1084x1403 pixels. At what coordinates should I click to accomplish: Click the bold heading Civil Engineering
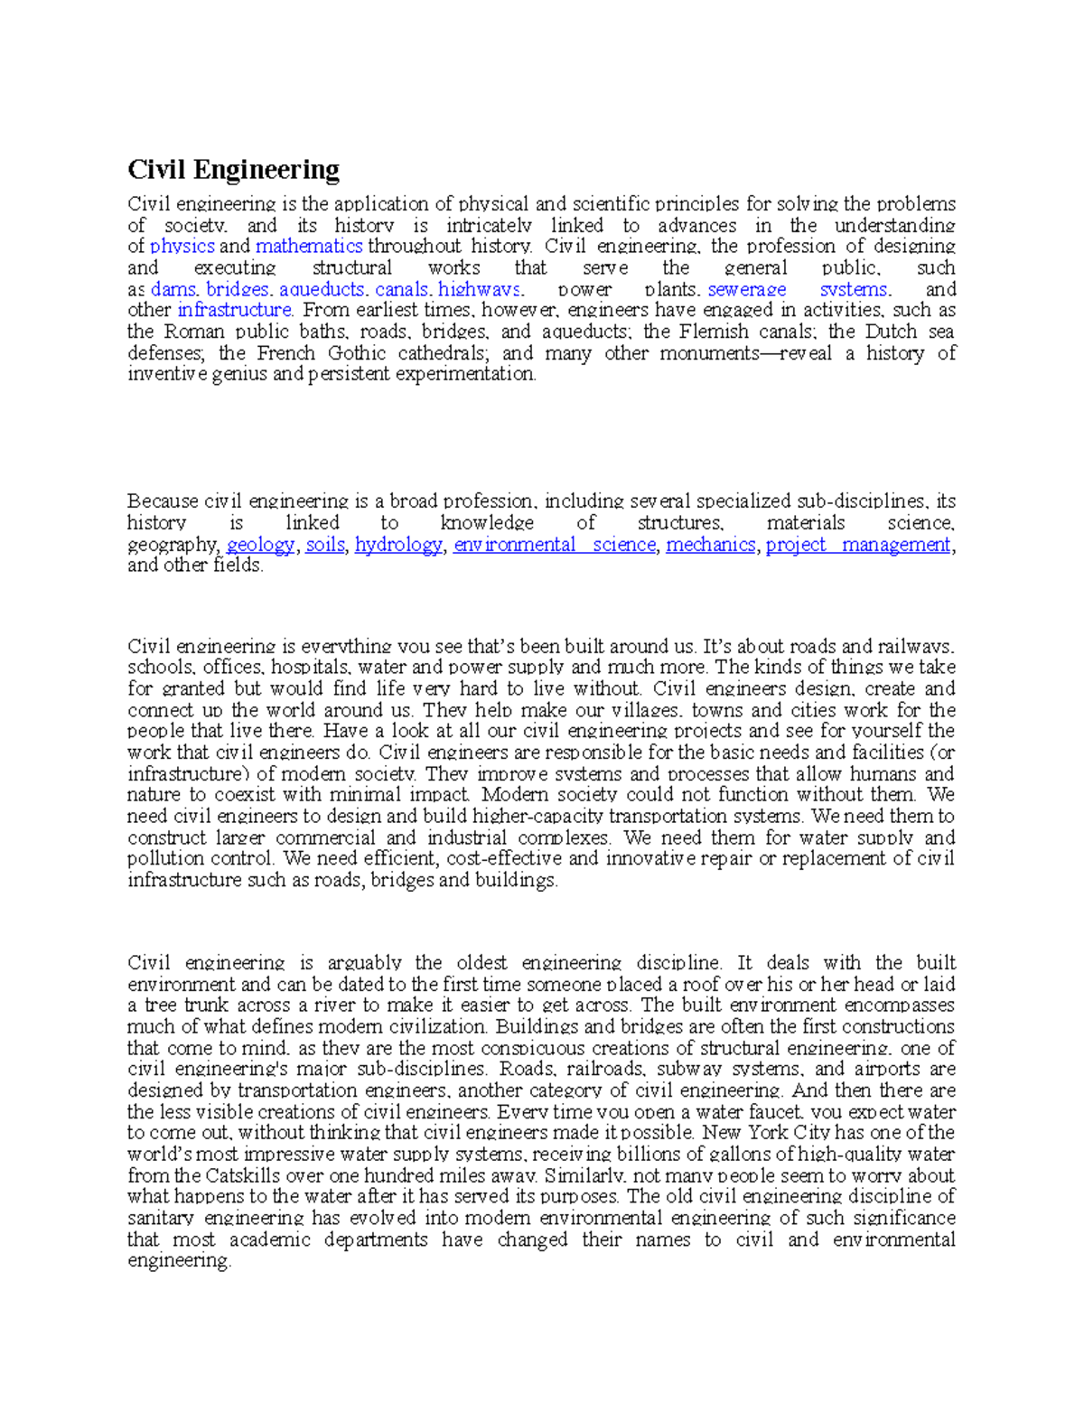(x=233, y=170)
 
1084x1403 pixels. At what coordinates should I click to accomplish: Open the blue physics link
(x=182, y=247)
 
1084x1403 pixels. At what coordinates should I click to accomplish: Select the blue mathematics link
(x=309, y=247)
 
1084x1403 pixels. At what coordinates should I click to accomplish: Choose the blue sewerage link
(x=746, y=290)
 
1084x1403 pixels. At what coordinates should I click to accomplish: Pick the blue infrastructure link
(x=235, y=311)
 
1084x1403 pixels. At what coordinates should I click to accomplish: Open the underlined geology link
(x=260, y=545)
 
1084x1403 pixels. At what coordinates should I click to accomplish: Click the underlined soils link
(x=325, y=545)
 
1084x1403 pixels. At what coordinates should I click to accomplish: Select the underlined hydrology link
(x=398, y=545)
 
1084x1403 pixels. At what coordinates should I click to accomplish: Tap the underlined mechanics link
(x=711, y=545)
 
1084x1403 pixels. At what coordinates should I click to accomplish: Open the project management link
(x=858, y=545)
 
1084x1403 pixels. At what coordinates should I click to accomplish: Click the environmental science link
(x=554, y=545)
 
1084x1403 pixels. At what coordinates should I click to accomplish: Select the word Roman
(x=192, y=332)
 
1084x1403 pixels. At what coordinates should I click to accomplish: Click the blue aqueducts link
(x=322, y=290)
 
